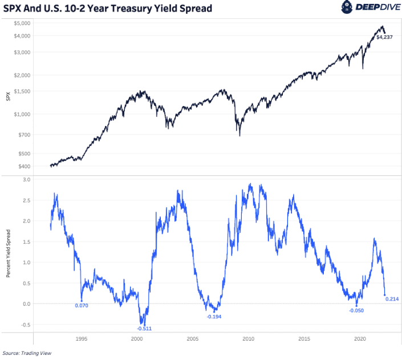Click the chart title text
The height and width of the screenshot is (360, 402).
(108, 9)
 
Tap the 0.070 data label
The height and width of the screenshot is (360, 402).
(82, 305)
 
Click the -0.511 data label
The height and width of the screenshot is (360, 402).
(144, 329)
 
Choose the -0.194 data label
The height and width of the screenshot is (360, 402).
(214, 316)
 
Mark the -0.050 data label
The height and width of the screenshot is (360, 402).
(356, 310)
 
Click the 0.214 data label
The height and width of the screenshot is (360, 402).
(392, 299)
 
